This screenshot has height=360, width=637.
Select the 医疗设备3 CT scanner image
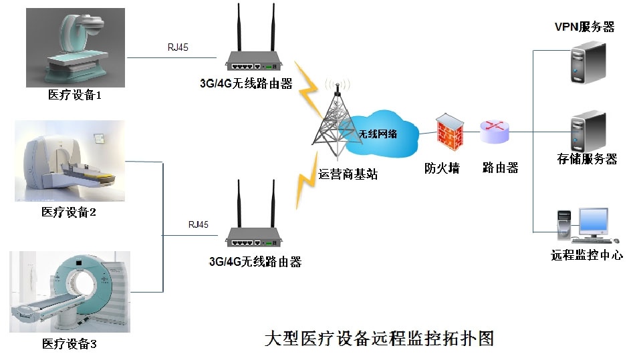click(x=70, y=291)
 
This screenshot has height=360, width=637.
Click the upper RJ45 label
click(x=178, y=47)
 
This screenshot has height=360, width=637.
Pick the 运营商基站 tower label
click(x=348, y=175)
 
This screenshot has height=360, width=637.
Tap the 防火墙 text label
click(x=442, y=169)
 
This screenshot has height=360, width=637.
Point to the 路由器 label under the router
click(x=500, y=169)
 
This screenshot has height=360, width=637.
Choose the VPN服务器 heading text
click(x=584, y=27)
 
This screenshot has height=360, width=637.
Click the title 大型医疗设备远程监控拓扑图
click(x=379, y=337)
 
